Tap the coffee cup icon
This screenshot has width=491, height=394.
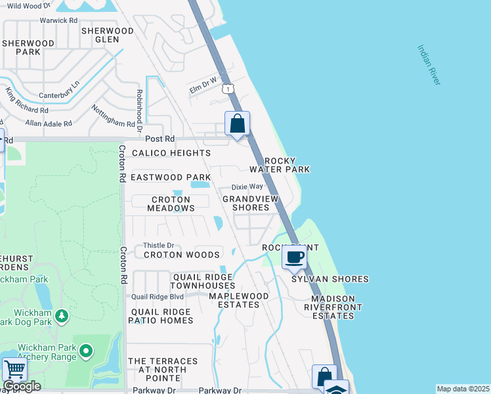click(x=295, y=256)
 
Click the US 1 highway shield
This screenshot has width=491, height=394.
click(x=226, y=88)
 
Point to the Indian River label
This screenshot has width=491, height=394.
click(x=429, y=64)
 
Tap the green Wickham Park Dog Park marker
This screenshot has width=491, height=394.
click(x=62, y=317)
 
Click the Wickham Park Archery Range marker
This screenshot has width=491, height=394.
click(x=85, y=352)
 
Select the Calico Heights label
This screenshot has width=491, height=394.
click(x=171, y=153)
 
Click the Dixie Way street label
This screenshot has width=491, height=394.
click(x=247, y=186)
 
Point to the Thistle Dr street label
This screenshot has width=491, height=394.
click(x=158, y=245)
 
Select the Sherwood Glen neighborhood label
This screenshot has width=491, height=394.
click(x=107, y=35)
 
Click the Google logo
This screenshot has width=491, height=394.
click(x=22, y=386)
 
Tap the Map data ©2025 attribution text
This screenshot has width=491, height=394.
click(x=463, y=389)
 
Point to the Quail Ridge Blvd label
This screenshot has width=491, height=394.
click(x=156, y=295)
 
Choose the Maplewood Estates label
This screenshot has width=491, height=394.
click(x=238, y=300)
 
